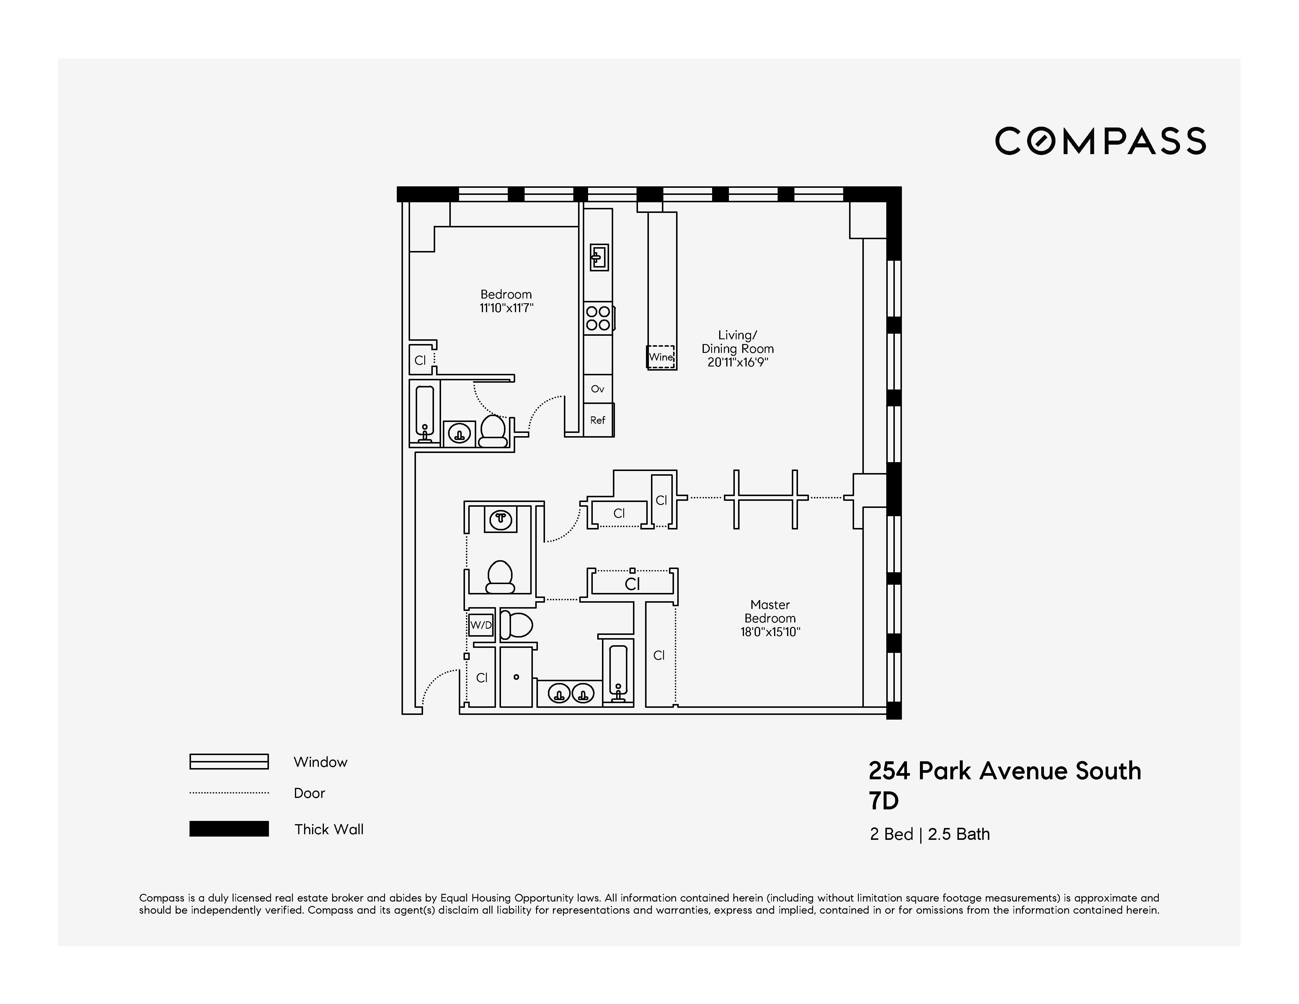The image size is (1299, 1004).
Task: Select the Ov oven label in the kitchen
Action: point(598,389)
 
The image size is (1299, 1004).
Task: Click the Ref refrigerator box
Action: point(598,420)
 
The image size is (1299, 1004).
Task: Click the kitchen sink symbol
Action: point(598,257)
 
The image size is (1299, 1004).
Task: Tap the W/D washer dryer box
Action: point(481,625)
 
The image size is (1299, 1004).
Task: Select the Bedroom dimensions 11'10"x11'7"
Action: point(506,308)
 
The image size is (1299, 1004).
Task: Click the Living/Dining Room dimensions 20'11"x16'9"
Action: point(737,362)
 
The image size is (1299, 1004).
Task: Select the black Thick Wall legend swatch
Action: point(229,829)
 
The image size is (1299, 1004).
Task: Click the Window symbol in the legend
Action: point(229,762)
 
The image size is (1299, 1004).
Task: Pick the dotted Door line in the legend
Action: point(229,793)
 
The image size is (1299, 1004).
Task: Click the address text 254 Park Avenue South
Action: point(1005,771)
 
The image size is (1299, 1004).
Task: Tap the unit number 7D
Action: point(884,802)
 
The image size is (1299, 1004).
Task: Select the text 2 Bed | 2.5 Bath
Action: point(930,835)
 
